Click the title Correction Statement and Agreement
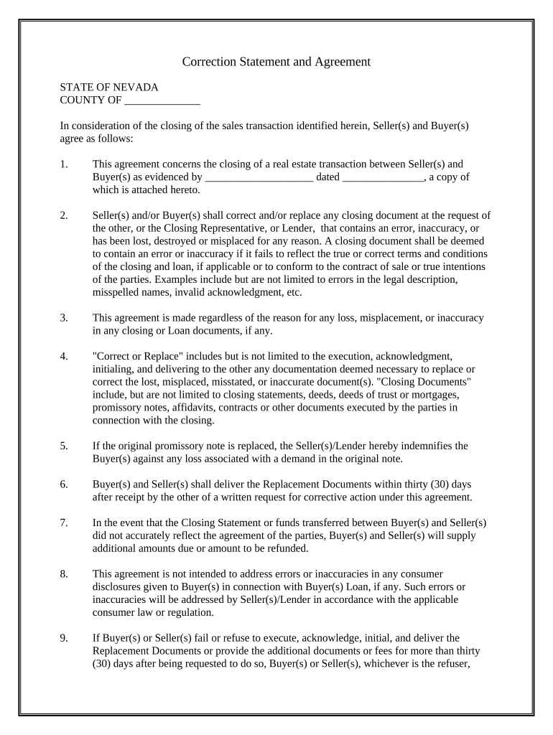pos(276,62)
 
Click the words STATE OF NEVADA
pos(109,87)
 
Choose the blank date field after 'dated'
pos(384,177)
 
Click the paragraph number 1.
pos(64,164)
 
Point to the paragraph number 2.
pos(64,215)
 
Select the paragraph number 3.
pos(64,317)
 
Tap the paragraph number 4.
pos(64,356)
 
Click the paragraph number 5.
pos(64,446)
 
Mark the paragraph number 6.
pos(64,484)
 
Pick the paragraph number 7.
pos(64,523)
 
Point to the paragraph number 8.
pos(64,574)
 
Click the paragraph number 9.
pos(64,637)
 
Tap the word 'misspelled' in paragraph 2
pos(116,292)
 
